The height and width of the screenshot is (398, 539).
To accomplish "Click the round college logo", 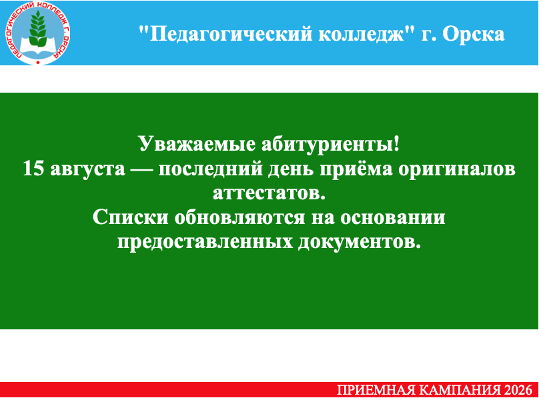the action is point(37,33).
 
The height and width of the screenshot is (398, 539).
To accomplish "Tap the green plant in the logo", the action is point(37,29).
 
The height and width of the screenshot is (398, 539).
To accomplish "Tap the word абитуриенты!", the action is point(331,143).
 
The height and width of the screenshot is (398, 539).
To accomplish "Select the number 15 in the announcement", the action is point(33,169).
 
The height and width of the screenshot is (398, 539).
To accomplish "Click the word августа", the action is point(87,169).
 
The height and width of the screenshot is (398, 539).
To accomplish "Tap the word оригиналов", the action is point(457,169).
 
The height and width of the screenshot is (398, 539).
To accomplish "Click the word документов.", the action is point(359,242).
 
